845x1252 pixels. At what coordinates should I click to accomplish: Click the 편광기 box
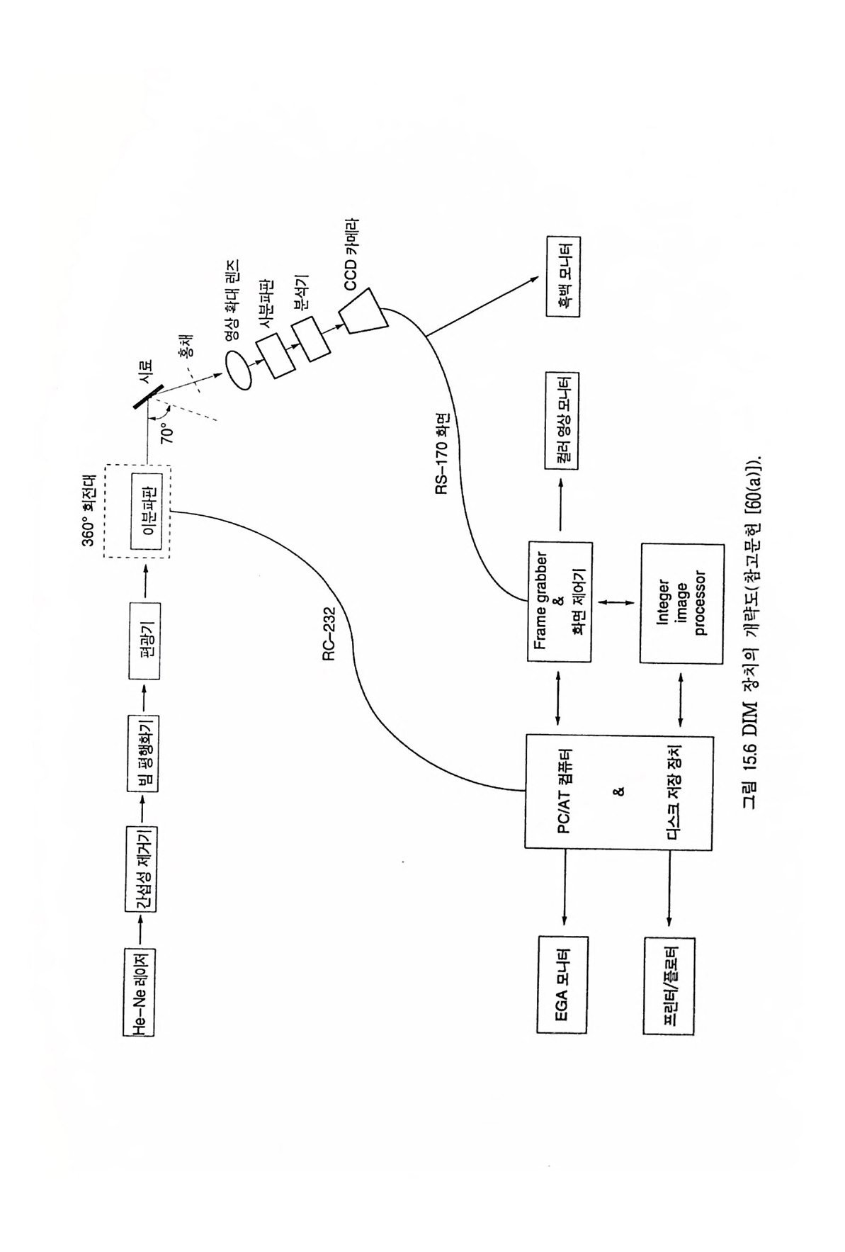144,641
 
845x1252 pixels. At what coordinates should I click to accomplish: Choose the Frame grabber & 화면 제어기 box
560,602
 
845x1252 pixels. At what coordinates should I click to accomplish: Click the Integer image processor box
681,602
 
